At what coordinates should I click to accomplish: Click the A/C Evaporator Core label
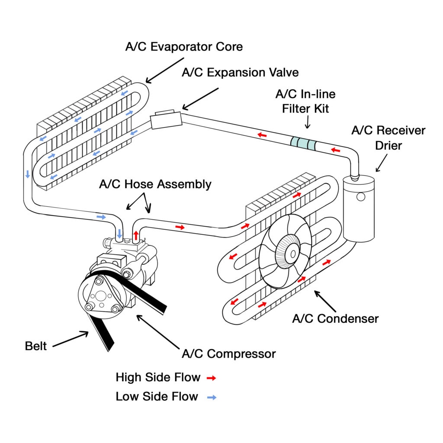coord(184,47)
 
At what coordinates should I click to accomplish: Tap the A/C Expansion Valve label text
coord(240,72)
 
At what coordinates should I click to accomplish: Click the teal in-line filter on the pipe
coord(303,143)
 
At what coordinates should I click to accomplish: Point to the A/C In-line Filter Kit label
coord(305,101)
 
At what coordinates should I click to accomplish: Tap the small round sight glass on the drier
coord(360,197)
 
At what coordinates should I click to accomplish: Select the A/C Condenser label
coord(335,319)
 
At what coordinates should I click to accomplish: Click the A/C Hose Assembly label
coord(155,184)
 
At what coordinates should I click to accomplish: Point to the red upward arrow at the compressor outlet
coord(136,235)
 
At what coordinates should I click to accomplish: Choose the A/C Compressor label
coord(228,353)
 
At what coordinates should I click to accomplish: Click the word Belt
coord(36,346)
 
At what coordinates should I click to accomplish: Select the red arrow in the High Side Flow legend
coord(211,378)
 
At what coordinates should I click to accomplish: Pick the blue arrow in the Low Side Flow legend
coord(212,397)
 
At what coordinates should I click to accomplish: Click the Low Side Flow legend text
coord(157,396)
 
